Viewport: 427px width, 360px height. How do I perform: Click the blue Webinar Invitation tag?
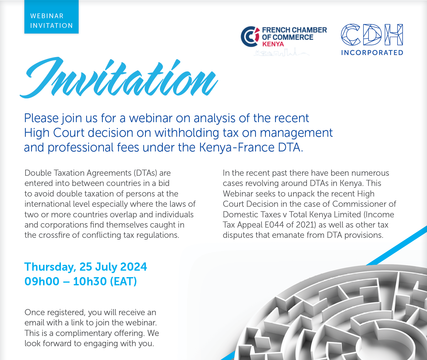(52, 17)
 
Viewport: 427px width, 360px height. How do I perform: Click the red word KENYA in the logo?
(273, 44)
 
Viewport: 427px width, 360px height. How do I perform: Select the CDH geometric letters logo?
(372, 35)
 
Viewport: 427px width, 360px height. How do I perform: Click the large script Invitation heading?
(119, 77)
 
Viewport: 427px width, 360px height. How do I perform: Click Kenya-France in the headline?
(237, 147)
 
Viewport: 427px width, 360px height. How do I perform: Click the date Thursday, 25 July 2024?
(86, 267)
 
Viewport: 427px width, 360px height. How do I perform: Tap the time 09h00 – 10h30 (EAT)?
(81, 281)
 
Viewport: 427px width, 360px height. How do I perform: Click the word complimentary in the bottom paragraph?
(84, 333)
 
